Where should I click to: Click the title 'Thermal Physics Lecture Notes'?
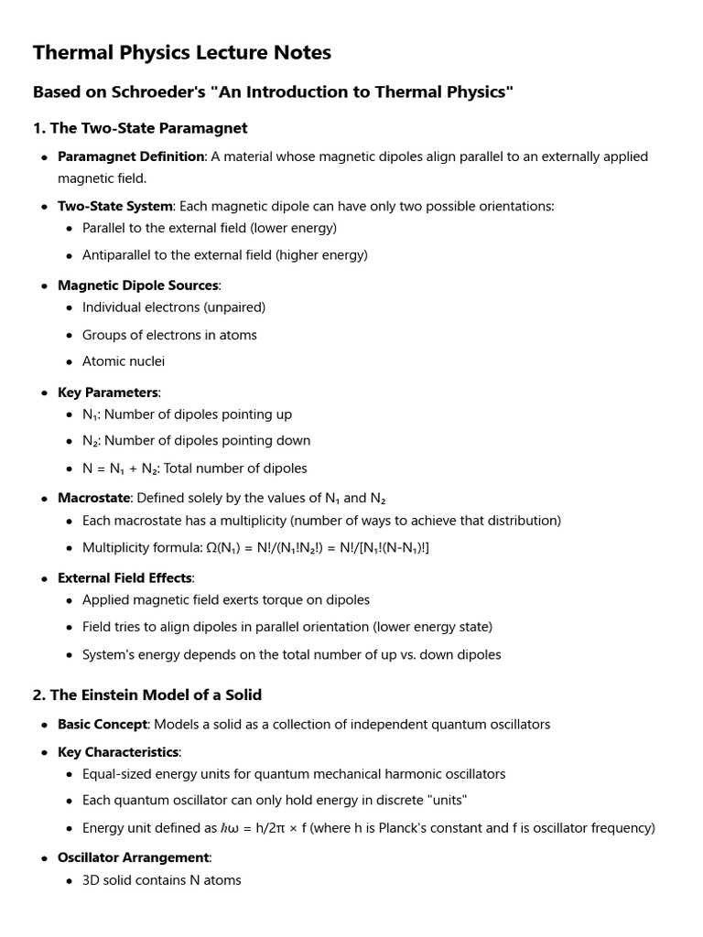[x=182, y=53]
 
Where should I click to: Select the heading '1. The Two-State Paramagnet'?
[x=140, y=128]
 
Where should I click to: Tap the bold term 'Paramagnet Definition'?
[x=131, y=156]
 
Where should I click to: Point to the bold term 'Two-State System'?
[x=115, y=206]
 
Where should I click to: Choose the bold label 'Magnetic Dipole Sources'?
[x=138, y=285]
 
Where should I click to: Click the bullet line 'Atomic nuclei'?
[x=124, y=361]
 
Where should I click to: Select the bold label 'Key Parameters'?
[x=108, y=393]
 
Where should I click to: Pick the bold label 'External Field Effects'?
[x=125, y=578]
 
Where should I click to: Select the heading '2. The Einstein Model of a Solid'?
[x=147, y=695]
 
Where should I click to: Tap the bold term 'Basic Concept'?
[x=103, y=725]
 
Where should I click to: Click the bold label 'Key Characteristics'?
[x=118, y=752]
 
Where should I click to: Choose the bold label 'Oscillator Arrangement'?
[x=134, y=857]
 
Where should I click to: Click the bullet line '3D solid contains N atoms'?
[x=162, y=880]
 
